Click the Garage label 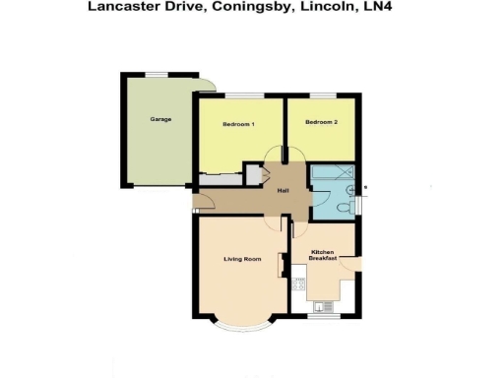tap(161, 119)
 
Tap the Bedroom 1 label tap(238, 124)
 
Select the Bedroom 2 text tap(321, 122)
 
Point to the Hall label tap(283, 190)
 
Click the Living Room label tap(242, 259)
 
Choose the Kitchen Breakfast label tap(324, 255)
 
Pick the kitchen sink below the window tap(325, 304)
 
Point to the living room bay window tap(242, 325)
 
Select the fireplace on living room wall tap(282, 267)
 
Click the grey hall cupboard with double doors tap(254, 175)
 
